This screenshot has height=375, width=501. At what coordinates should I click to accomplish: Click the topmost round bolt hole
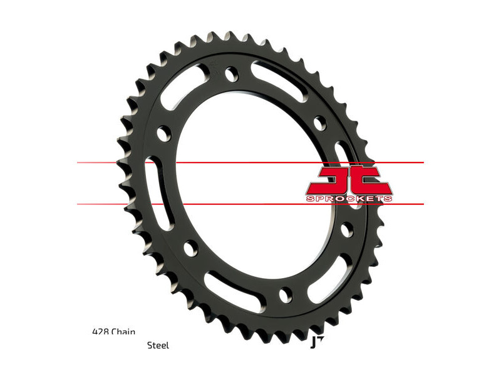[x=232, y=73]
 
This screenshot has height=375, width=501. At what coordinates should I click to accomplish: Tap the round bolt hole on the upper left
[x=164, y=133]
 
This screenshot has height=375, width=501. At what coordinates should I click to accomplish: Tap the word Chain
[x=123, y=332]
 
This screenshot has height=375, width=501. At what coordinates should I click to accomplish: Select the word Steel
[x=158, y=345]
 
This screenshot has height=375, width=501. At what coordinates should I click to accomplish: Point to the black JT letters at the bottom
[x=316, y=342]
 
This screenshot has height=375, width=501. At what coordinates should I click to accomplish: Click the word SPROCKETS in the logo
[x=349, y=199]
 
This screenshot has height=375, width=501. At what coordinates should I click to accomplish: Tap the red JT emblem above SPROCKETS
[x=349, y=180]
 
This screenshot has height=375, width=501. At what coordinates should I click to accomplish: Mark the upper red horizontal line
[x=250, y=162]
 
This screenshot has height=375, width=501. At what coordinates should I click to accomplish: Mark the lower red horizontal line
[x=250, y=204]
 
